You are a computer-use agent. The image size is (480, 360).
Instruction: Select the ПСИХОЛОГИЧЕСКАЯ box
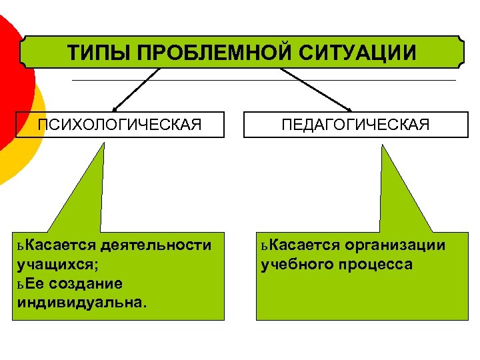coord(120,125)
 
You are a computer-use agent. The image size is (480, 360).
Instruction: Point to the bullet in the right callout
coord(264,246)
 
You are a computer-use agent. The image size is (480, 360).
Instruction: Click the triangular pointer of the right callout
coord(400,193)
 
